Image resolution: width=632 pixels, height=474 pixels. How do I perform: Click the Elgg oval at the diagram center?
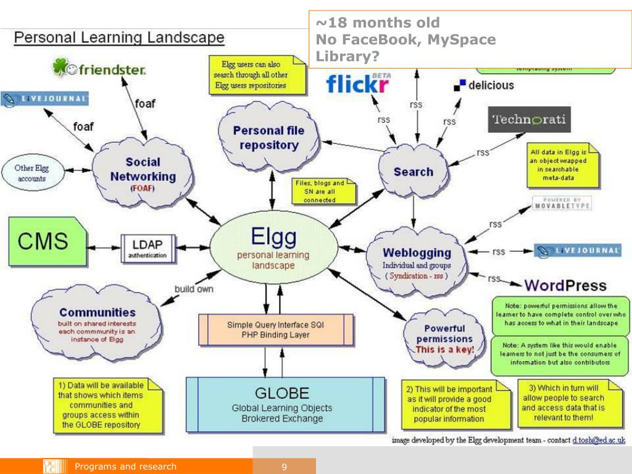(273, 250)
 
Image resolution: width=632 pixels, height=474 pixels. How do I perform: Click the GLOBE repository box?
(285, 404)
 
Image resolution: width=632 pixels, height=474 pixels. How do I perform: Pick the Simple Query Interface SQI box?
(276, 330)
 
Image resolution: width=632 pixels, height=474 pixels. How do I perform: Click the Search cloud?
(413, 172)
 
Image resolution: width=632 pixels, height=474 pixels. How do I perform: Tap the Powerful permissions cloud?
(444, 338)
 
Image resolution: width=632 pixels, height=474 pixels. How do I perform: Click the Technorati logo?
(530, 119)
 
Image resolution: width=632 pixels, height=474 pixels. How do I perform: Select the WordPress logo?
(565, 286)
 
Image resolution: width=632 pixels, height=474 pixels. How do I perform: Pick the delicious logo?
(484, 86)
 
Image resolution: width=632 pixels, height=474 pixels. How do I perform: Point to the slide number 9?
(284, 467)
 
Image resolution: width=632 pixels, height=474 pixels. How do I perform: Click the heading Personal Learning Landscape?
(119, 38)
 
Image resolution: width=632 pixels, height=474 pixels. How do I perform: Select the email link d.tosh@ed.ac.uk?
(598, 440)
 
